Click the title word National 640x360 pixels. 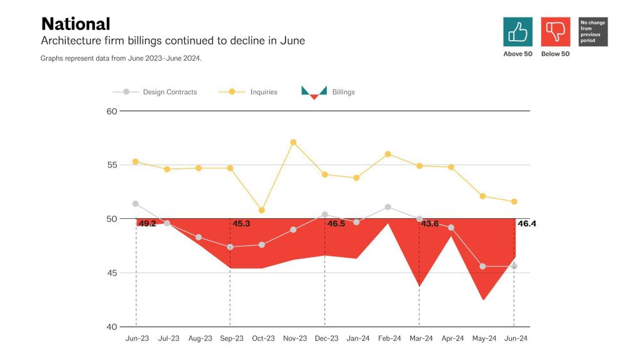76,24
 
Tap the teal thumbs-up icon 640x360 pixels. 517,31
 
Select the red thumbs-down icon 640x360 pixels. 555,31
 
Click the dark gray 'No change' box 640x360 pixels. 593,31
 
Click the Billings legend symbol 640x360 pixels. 314,92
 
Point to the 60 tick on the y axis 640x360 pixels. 112,111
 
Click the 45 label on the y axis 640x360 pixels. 112,273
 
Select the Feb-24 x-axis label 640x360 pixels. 389,338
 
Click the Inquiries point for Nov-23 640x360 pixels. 293,142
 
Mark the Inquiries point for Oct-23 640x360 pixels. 261,210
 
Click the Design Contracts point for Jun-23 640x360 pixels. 136,204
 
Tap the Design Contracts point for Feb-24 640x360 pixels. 388,207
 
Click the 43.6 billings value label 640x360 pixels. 430,223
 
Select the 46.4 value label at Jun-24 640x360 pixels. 526,223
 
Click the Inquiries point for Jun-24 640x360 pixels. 514,201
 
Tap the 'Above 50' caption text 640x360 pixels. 517,54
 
